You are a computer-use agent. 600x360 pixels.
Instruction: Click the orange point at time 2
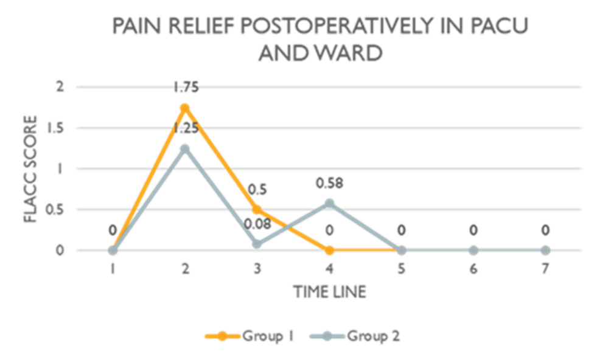click(x=184, y=108)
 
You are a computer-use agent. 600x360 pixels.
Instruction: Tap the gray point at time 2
click(x=184, y=149)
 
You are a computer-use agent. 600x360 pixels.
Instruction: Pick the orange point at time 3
click(x=257, y=210)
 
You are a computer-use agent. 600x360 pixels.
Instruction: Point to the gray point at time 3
click(x=257, y=244)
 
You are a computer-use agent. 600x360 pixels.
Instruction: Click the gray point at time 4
click(x=329, y=203)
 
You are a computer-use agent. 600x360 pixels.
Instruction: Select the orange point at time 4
click(x=329, y=250)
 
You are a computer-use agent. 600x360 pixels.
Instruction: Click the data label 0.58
click(x=329, y=183)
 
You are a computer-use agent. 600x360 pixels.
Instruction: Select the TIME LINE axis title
click(x=329, y=292)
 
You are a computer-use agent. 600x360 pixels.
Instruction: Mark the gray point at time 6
click(x=473, y=250)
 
